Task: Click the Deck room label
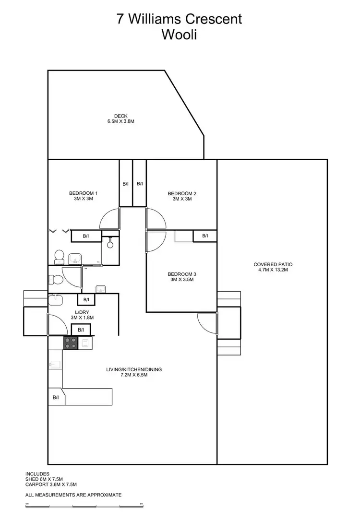pyautogui.click(x=120, y=118)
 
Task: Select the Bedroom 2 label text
pyautogui.click(x=182, y=196)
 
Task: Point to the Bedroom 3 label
pyautogui.click(x=182, y=277)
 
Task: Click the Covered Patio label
pyautogui.click(x=273, y=267)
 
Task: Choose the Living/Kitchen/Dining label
pyautogui.click(x=134, y=372)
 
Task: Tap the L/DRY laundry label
pyautogui.click(x=82, y=315)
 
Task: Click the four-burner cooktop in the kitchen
pyautogui.click(x=71, y=343)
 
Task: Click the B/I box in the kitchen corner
pyautogui.click(x=56, y=397)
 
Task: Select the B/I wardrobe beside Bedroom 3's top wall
pyautogui.click(x=205, y=236)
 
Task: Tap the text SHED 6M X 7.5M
pyautogui.click(x=44, y=479)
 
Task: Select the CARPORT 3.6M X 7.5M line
pyautogui.click(x=51, y=485)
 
